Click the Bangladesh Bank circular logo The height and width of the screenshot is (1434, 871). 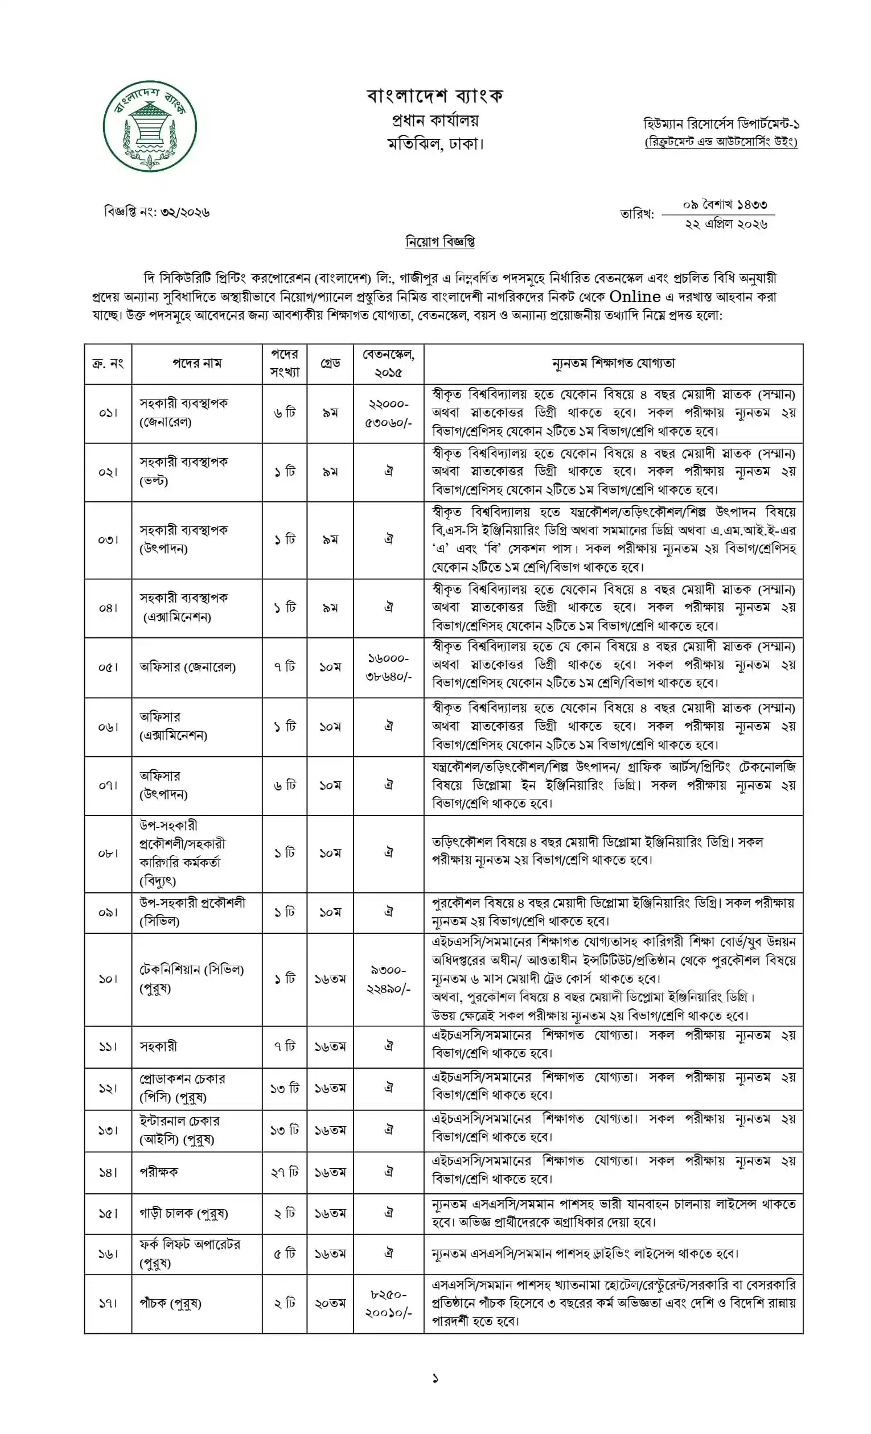click(150, 126)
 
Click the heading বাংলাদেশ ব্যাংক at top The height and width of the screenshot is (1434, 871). click(434, 96)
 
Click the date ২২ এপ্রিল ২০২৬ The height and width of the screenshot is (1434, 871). click(726, 224)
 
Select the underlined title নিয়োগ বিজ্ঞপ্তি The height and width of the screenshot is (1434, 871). click(439, 241)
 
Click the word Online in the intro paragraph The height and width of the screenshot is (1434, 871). click(635, 297)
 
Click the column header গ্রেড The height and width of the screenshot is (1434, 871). click(330, 363)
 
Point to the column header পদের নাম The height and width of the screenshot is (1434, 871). click(197, 363)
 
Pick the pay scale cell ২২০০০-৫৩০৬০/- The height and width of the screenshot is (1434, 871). click(388, 413)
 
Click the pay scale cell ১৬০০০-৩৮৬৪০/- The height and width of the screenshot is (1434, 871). click(388, 667)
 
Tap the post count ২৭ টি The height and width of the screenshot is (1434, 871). click(285, 1172)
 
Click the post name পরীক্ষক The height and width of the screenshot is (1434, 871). click(159, 1172)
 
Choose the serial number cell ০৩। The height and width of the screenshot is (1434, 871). click(108, 539)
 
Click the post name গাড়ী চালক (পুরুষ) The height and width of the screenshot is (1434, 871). click(183, 1213)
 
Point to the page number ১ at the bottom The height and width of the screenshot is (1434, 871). click(435, 1379)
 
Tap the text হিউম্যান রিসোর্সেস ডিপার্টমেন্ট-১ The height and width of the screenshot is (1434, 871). click(721, 124)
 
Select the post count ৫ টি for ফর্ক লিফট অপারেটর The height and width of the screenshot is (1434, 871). click(285, 1254)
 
